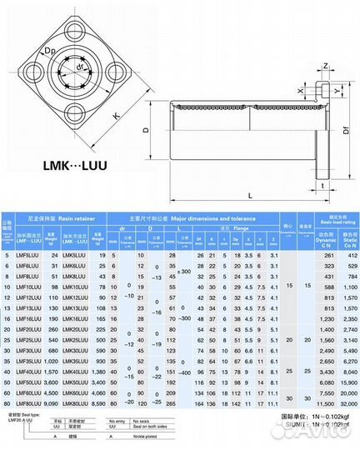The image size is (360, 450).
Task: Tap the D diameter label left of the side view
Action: pyautogui.click(x=147, y=131)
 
